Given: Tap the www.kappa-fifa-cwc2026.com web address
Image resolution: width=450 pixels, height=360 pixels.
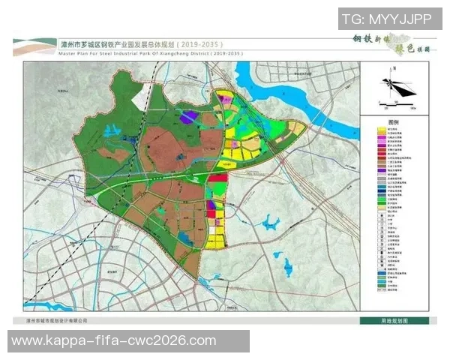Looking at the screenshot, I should click(114, 341).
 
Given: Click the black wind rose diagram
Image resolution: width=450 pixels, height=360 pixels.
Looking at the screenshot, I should click(398, 87).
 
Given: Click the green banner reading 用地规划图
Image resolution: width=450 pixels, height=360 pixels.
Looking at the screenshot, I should click(394, 320).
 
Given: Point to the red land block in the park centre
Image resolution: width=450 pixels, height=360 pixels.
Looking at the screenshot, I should click(217, 178).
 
